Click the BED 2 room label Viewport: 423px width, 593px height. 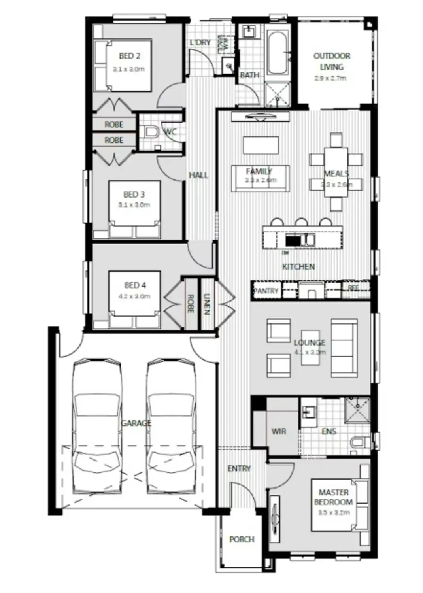(129, 56)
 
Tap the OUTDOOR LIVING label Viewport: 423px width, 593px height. (332, 61)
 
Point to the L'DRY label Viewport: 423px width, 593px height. (200, 42)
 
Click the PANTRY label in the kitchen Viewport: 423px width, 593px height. (266, 291)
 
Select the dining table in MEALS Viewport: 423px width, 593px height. (336, 172)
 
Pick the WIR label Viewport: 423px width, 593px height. (279, 431)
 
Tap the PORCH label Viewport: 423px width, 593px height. (242, 539)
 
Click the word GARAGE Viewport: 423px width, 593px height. (136, 423)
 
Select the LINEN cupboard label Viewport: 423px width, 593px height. (206, 304)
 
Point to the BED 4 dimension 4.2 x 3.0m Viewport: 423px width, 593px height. (134, 296)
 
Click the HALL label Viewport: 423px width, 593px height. (198, 175)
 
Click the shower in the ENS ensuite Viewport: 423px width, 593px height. (357, 411)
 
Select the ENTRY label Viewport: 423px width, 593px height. (239, 468)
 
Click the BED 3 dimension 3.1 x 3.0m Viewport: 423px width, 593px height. (134, 205)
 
